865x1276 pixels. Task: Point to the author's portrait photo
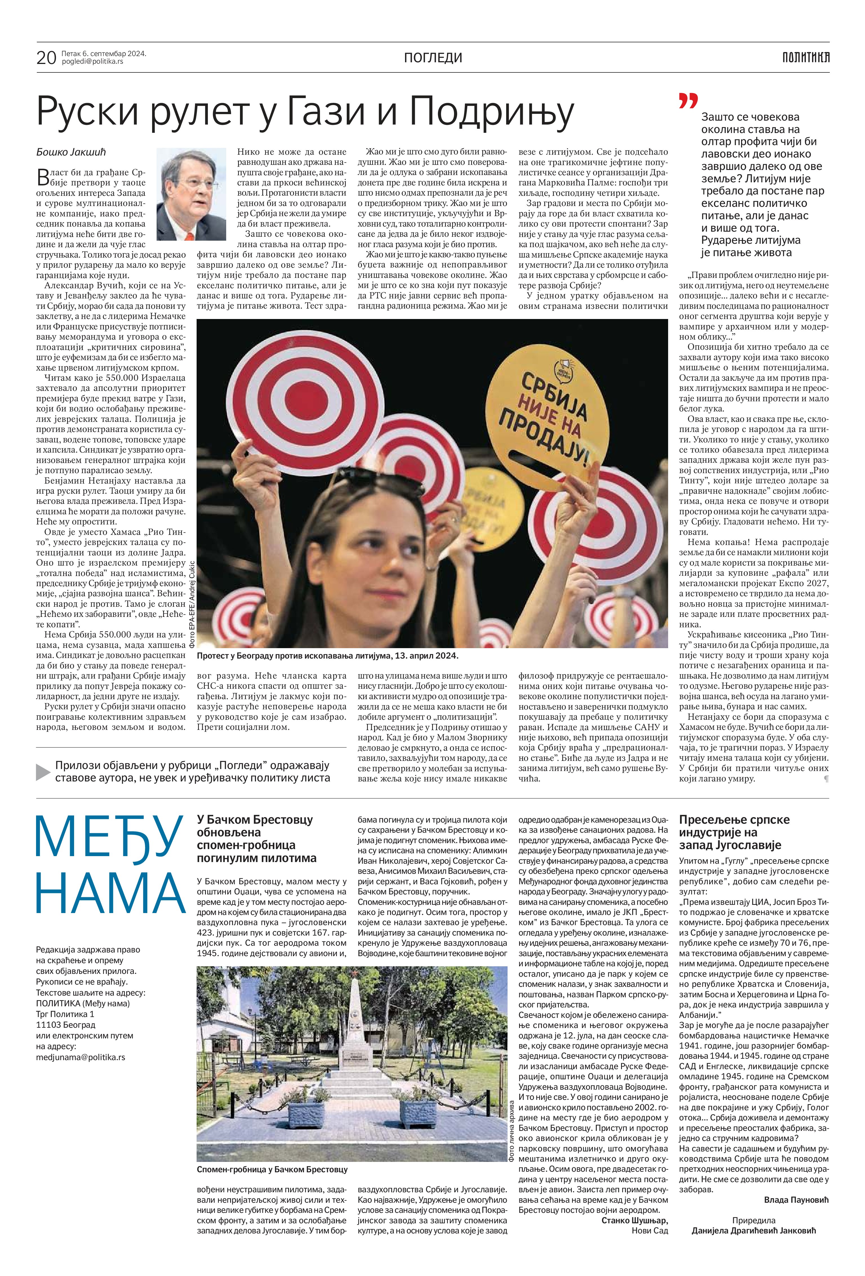click(x=191, y=194)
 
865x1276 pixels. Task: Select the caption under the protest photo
click(x=327, y=655)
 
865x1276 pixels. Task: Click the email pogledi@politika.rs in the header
click(x=92, y=61)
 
